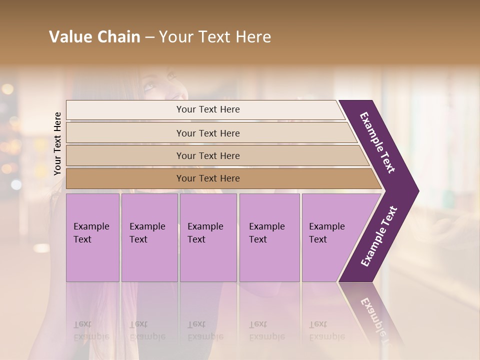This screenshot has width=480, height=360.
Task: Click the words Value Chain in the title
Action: coord(94,37)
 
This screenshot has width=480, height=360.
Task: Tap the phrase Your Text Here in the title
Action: coord(215,37)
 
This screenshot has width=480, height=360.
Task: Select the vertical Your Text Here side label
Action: coord(57,144)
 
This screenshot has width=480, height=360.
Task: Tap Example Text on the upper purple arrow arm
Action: coord(377,142)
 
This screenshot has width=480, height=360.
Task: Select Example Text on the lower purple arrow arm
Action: coord(379,236)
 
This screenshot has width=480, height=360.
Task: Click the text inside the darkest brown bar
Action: coord(208,178)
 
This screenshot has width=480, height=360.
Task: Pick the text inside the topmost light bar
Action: coord(208,109)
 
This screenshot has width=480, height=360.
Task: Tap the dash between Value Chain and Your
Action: coord(149,37)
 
